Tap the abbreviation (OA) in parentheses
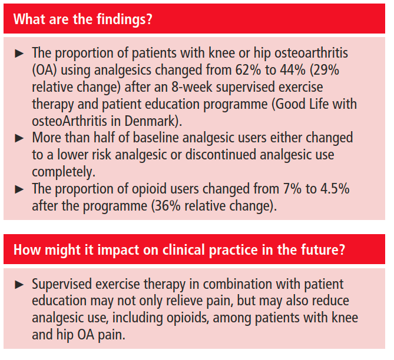(x=45, y=69)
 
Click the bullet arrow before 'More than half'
(x=19, y=138)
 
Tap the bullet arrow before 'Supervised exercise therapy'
(x=19, y=285)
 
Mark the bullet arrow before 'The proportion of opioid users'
(x=19, y=189)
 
